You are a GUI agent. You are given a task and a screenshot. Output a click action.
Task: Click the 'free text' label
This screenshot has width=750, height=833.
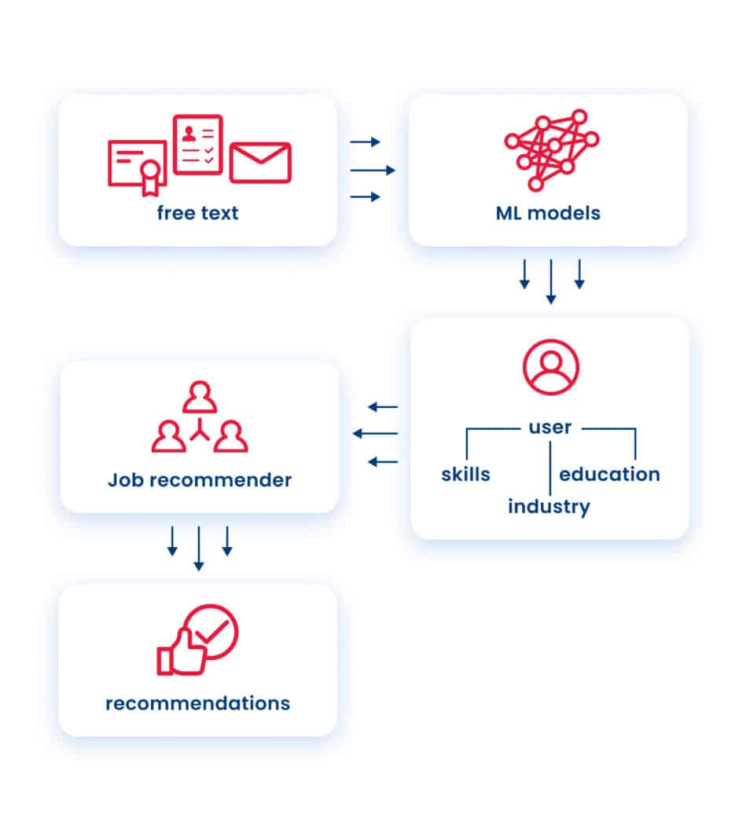(x=197, y=213)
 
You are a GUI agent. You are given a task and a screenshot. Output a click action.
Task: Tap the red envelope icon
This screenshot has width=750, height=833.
(x=260, y=163)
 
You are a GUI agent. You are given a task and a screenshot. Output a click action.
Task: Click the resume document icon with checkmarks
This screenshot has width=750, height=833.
(x=198, y=144)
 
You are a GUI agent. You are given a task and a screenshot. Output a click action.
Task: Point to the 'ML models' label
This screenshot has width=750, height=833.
(x=548, y=213)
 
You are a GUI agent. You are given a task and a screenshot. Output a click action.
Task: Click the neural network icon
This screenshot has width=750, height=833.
(x=551, y=149)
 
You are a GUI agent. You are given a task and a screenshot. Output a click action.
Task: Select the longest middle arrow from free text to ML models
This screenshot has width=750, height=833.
(x=373, y=170)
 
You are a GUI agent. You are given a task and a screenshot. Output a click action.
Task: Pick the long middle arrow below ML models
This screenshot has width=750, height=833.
(x=551, y=281)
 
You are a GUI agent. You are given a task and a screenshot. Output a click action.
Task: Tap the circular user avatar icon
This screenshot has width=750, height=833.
(x=550, y=366)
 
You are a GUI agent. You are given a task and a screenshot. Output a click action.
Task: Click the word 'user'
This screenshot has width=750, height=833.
(x=550, y=428)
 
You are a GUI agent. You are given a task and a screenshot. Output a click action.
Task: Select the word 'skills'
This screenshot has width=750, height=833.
(x=465, y=475)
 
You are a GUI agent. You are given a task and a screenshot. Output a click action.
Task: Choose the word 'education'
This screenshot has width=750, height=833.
(x=609, y=475)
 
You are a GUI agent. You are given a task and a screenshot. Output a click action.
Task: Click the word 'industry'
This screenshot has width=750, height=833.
(x=549, y=507)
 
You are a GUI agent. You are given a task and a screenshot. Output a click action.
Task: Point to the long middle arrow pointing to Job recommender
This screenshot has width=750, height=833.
(x=375, y=434)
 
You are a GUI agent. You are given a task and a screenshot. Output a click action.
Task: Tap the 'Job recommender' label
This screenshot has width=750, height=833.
(x=200, y=480)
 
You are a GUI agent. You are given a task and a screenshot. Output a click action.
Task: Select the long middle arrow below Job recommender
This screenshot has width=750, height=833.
(x=199, y=549)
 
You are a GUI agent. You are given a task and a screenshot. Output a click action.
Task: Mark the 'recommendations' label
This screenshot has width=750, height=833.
(x=197, y=703)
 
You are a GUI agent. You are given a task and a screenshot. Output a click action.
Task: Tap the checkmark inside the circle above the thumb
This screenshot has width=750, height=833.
(x=211, y=629)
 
